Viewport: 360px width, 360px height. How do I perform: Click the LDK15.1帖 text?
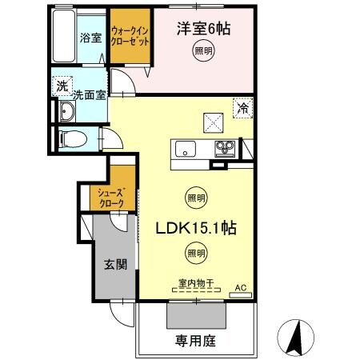tap(197, 226)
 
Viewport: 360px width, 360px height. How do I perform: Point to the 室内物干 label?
tap(195, 282)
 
